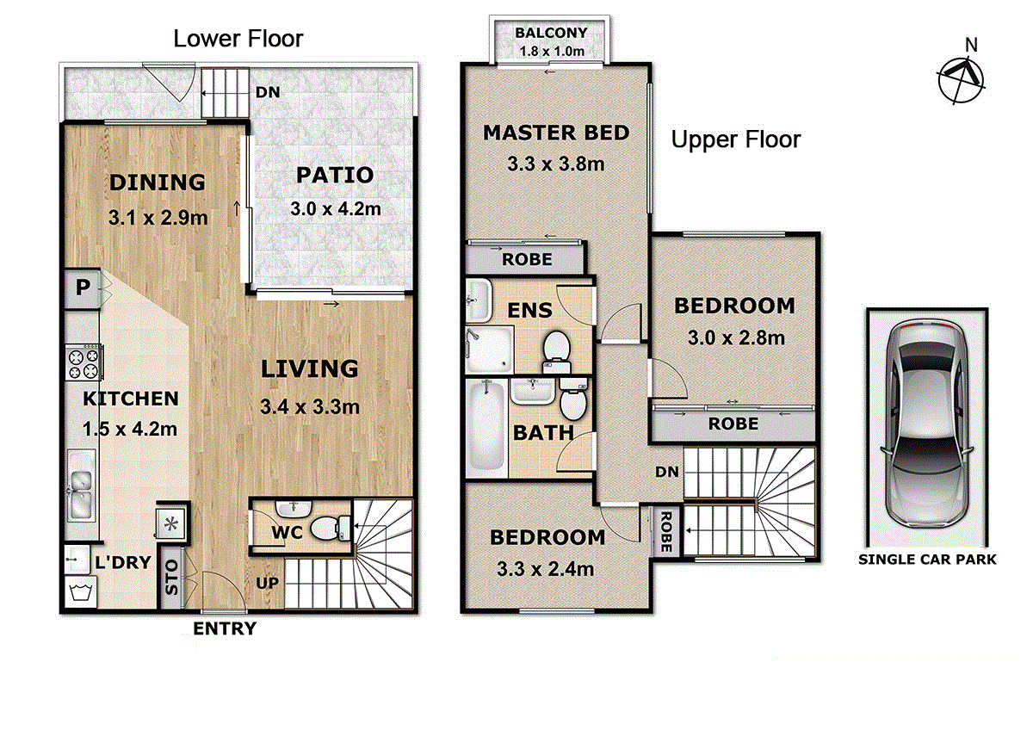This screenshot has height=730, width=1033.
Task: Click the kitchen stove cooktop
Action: pos(84,362)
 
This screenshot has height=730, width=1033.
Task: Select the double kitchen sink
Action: pos(82,486)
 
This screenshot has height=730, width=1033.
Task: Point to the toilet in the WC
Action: pos(331,528)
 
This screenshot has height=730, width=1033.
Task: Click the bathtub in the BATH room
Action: pos(486,428)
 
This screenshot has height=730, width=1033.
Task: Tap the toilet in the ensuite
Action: pos(556,353)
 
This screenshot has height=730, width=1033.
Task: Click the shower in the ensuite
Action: pos(489,350)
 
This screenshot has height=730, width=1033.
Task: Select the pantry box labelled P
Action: pos(83,288)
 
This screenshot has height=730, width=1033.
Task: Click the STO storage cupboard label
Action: pos(171,577)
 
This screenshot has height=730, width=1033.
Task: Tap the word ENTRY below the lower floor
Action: pos(225,628)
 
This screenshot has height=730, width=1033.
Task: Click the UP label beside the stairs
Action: pos(268,584)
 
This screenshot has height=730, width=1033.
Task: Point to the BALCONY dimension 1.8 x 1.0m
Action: pos(552,51)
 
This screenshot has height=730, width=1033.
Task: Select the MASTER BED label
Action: pos(556,133)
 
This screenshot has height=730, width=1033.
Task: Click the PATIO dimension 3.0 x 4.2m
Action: pos(336,209)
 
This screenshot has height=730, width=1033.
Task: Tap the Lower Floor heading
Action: pos(238,39)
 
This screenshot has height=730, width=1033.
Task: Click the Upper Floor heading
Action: pos(736,139)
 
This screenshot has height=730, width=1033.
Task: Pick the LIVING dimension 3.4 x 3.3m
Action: pos(310,406)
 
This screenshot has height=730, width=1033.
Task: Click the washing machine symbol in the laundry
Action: pos(81,592)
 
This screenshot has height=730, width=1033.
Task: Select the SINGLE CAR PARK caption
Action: pos(927,560)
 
